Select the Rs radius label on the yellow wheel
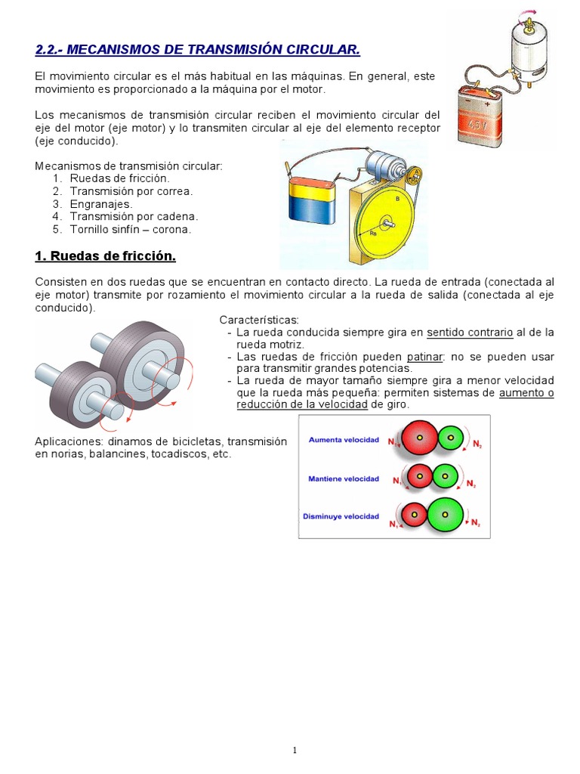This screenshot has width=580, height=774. (373, 234)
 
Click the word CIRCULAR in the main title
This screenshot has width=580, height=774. (318, 50)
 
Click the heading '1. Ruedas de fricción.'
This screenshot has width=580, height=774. (105, 257)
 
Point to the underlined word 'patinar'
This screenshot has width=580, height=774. (426, 356)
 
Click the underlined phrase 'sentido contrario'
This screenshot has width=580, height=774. (469, 332)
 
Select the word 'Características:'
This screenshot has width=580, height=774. (259, 320)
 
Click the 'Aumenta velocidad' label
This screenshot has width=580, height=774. (341, 439)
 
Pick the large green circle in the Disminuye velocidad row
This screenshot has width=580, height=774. (445, 514)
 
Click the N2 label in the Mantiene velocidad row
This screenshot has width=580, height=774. (471, 484)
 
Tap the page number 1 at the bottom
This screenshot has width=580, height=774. (295, 751)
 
